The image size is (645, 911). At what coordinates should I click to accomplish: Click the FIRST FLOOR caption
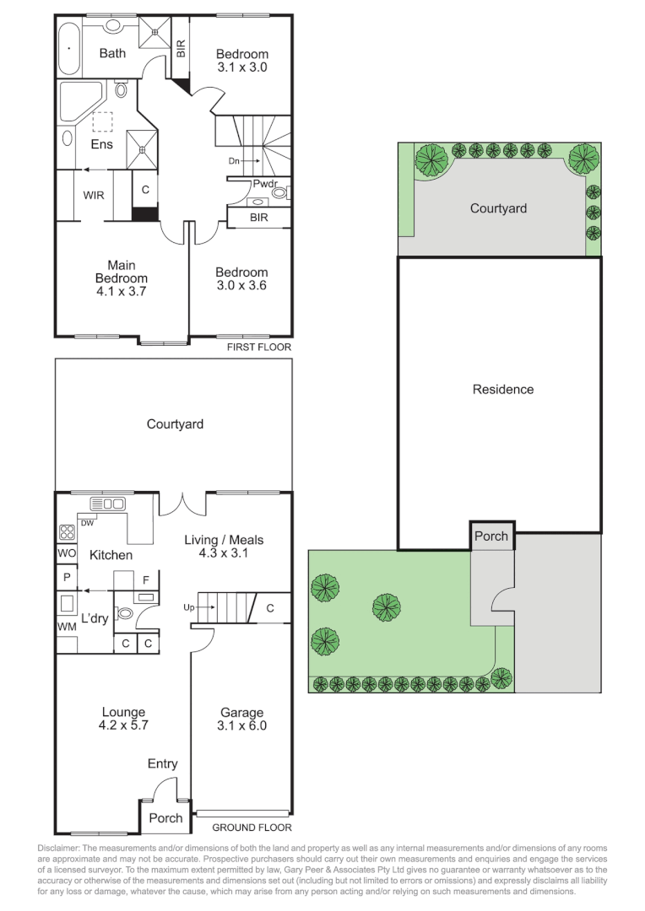click(x=259, y=347)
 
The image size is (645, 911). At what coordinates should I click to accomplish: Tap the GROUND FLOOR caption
click(x=252, y=827)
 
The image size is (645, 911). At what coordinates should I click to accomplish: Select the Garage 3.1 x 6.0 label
click(x=242, y=719)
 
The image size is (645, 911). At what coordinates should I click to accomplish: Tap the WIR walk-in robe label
click(x=94, y=195)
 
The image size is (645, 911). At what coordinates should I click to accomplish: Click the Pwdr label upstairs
click(x=265, y=184)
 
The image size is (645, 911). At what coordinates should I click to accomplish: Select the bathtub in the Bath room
click(x=69, y=49)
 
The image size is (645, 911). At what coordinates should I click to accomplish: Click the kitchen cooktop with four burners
click(x=67, y=533)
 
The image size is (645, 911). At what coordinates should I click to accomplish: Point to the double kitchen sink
click(x=107, y=504)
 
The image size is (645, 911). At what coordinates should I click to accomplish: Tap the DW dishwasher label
click(x=87, y=523)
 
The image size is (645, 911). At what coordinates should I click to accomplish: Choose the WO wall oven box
click(x=67, y=553)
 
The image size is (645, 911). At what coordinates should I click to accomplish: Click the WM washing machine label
click(x=67, y=627)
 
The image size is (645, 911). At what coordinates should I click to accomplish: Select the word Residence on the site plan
click(x=503, y=389)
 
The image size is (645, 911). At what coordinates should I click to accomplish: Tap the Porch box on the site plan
click(x=491, y=536)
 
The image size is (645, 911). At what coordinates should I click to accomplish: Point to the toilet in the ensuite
click(x=121, y=89)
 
